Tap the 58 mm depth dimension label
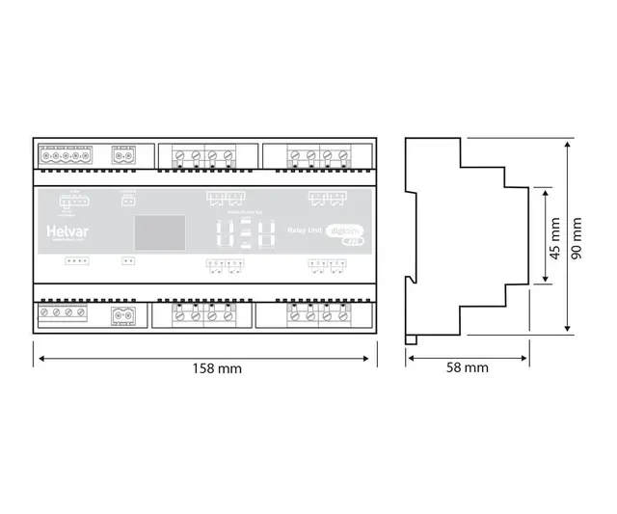(469, 367)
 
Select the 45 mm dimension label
(554, 237)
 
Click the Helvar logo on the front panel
(66, 231)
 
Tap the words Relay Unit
(306, 230)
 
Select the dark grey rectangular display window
(156, 232)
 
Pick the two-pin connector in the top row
(123, 154)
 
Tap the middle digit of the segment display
(243, 232)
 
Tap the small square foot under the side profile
(412, 338)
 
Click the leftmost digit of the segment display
(223, 232)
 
